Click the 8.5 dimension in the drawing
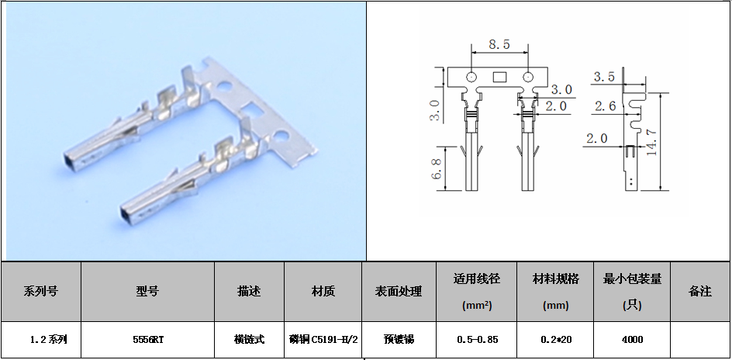pyautogui.click(x=499, y=44)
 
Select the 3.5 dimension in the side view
pyautogui.click(x=604, y=77)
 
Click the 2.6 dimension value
pyautogui.click(x=606, y=107)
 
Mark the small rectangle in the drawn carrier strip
pyautogui.click(x=499, y=77)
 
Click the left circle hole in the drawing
pyautogui.click(x=471, y=77)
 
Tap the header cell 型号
pyautogui.click(x=147, y=292)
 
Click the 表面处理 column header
pyautogui.click(x=399, y=292)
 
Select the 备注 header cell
pyautogui.click(x=700, y=292)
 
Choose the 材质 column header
pyautogui.click(x=323, y=292)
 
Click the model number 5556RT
pyautogui.click(x=148, y=340)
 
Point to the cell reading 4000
pyautogui.click(x=632, y=340)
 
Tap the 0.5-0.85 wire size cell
pyautogui.click(x=477, y=340)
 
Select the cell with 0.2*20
pyautogui.click(x=556, y=340)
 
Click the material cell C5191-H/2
pyautogui.click(x=323, y=340)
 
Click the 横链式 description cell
pyautogui.click(x=249, y=340)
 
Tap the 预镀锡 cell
pyautogui.click(x=399, y=340)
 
